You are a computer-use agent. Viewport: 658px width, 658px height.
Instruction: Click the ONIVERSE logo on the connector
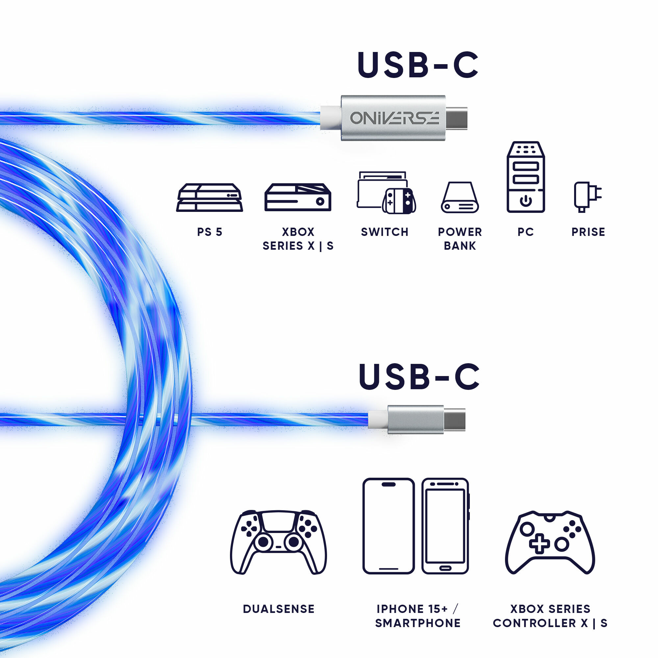394,118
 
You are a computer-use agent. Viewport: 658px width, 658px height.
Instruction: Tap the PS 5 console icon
210,197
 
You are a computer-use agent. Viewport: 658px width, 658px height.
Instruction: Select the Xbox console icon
298,197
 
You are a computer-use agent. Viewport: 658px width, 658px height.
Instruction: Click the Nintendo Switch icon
386,192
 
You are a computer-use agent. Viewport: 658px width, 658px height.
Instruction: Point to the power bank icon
460,197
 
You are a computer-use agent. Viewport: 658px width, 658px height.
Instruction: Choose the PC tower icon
525,177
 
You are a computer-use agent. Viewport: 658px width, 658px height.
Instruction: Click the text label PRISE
588,232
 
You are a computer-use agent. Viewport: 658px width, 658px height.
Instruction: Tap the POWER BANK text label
460,239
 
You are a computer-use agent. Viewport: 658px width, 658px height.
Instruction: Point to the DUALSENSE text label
279,609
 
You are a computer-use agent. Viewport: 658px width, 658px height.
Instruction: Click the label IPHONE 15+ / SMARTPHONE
418,616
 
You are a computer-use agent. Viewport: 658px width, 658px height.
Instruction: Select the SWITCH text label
385,232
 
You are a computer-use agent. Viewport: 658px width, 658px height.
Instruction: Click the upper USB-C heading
418,65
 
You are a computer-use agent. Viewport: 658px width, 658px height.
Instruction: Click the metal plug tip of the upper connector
456,118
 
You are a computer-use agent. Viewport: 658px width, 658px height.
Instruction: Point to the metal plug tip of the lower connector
454,419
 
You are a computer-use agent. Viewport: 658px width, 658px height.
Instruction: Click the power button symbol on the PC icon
525,201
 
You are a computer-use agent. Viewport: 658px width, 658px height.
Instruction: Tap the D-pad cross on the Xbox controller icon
540,544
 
